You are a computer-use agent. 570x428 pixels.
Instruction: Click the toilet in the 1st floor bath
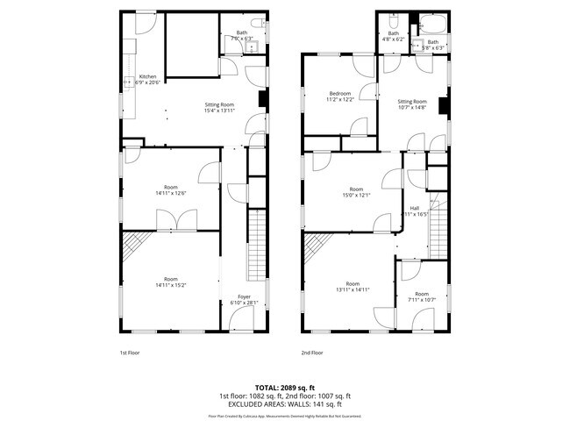coord(254,21)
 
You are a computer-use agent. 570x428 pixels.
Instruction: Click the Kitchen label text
coord(147,76)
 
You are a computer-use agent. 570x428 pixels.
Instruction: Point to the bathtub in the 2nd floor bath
coord(431,23)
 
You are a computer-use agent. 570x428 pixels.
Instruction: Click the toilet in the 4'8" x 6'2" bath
coord(395,21)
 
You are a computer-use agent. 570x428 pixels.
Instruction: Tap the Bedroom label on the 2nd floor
coord(340,94)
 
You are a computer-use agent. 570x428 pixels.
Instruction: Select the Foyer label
coord(244,297)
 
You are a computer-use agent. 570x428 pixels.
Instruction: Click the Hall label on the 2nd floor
coord(414,208)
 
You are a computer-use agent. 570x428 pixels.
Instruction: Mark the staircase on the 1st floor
coord(257,245)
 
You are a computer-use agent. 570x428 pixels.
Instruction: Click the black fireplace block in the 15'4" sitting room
coord(262,101)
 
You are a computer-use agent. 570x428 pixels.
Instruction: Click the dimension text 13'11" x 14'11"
coord(353,289)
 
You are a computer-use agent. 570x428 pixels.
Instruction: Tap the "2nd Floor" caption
coord(312,352)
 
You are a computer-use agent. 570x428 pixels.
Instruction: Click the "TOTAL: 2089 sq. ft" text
coord(285,387)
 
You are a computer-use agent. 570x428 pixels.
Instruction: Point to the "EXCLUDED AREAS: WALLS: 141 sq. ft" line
coord(285,403)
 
